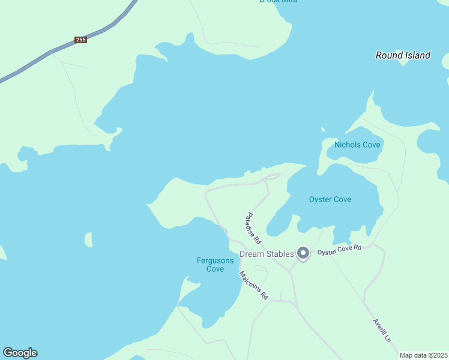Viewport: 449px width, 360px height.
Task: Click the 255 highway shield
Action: (x=81, y=40)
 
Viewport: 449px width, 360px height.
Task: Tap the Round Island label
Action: (x=403, y=55)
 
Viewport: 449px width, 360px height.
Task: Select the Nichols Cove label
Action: (x=357, y=145)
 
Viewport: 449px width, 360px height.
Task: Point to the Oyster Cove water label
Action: (x=330, y=199)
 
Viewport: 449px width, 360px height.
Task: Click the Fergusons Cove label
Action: (x=211, y=265)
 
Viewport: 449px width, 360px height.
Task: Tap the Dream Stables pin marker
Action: (x=304, y=254)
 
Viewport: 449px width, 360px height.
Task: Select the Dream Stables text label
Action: (x=267, y=254)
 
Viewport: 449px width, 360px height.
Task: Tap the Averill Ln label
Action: (x=382, y=329)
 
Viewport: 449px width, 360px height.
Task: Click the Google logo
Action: (x=20, y=353)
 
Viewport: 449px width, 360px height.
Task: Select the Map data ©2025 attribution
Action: (x=423, y=355)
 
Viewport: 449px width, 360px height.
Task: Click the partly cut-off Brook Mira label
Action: (x=278, y=1)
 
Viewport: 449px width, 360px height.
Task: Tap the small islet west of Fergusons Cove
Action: (x=89, y=239)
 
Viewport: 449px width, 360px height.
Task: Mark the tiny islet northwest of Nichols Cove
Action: (x=323, y=129)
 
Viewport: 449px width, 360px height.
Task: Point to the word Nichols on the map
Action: (x=348, y=145)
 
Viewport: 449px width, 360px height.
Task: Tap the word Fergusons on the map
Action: (x=211, y=260)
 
